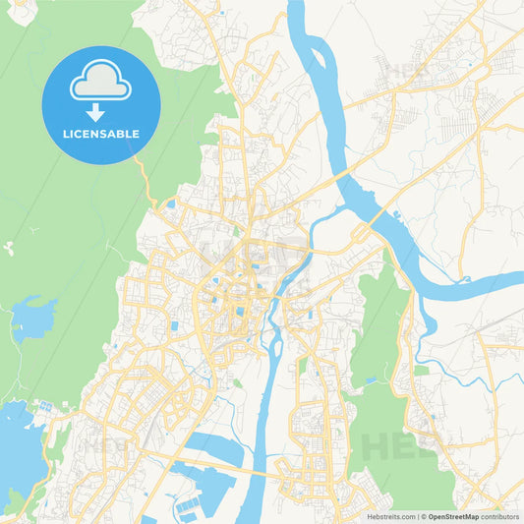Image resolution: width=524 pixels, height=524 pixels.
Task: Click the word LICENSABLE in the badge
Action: [100, 134]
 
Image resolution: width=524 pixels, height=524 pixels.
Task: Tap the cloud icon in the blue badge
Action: [100, 83]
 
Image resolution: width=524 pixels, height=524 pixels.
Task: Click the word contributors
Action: [500, 516]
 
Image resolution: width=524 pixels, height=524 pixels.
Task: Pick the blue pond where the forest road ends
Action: [170, 204]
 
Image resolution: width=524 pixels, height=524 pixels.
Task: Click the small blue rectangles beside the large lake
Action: [43, 405]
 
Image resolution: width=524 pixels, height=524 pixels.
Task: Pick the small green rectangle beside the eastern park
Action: [422, 371]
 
